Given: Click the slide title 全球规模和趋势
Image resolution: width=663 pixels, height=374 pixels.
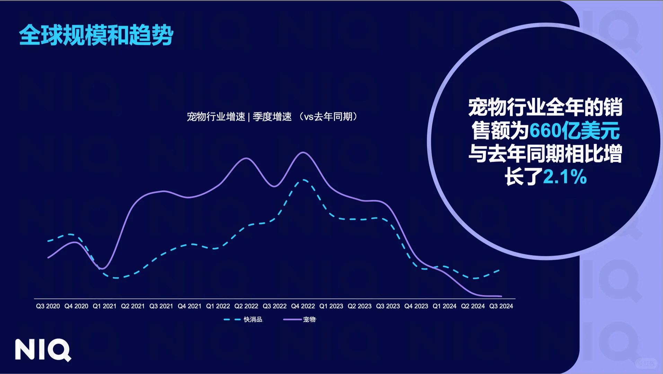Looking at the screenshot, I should click(96, 35).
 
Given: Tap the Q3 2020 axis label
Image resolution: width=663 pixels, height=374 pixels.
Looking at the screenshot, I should click(48, 306).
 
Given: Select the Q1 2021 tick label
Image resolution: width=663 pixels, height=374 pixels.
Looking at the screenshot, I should click(104, 306).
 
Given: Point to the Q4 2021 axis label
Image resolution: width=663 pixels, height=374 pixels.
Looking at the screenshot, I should click(189, 306).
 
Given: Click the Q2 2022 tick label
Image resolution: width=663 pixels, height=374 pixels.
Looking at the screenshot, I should click(246, 306).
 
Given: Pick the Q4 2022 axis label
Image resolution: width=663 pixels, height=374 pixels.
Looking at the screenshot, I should click(303, 306).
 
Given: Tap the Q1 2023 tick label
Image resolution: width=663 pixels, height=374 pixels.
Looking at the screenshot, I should click(331, 306).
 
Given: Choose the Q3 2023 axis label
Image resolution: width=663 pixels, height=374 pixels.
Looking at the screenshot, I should click(388, 306).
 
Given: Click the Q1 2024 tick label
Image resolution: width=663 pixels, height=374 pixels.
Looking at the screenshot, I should click(444, 306).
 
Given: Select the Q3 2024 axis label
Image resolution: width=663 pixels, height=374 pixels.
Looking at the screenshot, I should click(501, 306).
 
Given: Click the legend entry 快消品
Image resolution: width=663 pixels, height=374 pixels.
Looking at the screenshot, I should click(253, 319).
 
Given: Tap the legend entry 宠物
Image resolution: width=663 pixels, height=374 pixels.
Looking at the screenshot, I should click(309, 319).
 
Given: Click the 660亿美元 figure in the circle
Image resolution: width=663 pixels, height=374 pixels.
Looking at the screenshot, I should click(574, 131).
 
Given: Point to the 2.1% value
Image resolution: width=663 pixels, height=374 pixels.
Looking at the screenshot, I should click(565, 177).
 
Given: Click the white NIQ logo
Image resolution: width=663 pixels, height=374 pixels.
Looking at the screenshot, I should click(43, 350).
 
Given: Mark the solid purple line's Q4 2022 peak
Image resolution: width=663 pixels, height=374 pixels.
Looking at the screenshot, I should click(303, 152).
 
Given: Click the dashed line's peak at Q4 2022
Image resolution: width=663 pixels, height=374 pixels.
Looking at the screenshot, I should click(304, 180).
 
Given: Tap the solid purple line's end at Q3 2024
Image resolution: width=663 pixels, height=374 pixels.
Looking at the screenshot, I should click(501, 296).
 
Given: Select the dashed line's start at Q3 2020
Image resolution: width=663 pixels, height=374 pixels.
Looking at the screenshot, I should click(48, 241).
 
